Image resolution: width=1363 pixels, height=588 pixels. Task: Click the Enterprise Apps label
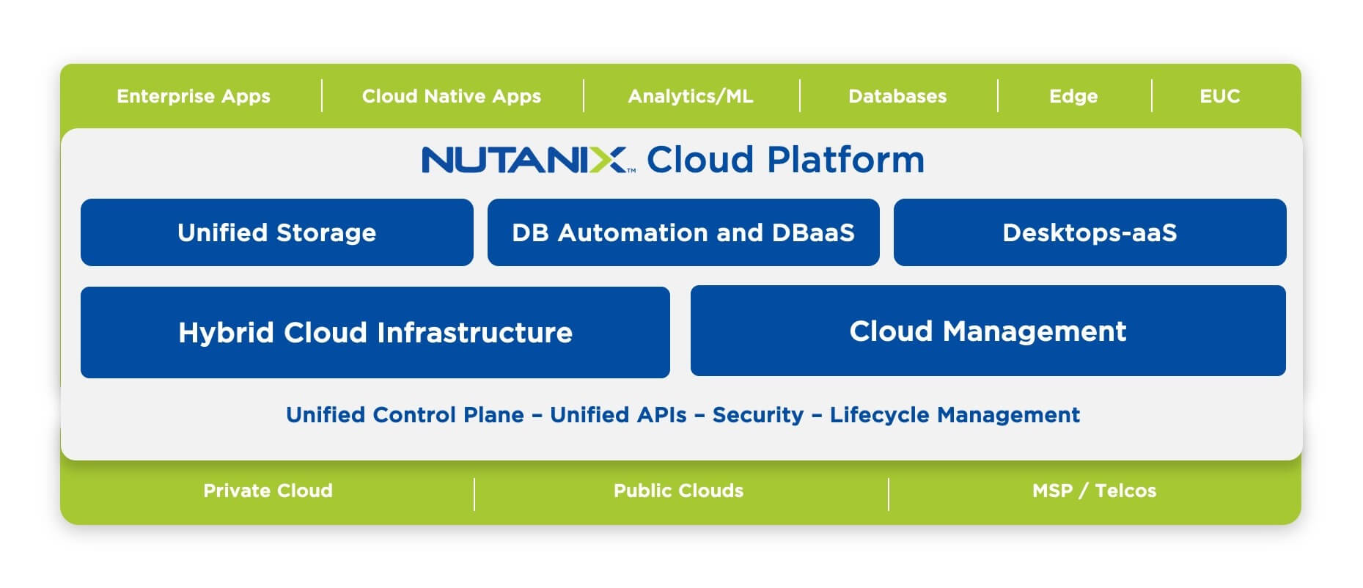pos(194,96)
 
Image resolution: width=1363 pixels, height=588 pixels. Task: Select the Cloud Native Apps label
pos(452,96)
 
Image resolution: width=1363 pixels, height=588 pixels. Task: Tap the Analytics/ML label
pos(691,96)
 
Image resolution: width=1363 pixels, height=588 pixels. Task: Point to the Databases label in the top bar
pos(897,96)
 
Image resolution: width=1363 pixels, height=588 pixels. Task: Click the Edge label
pos(1073,96)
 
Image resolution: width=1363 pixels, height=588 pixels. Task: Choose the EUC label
pos(1220,96)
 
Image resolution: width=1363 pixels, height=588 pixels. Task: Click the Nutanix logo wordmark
pos(525,160)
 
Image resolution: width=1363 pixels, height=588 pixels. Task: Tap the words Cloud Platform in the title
pos(785,160)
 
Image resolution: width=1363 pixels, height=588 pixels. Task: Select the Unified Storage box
pos(277,232)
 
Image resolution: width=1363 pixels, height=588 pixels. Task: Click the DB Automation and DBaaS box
pos(683,232)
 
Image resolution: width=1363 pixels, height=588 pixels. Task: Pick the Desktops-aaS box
pos(1090,232)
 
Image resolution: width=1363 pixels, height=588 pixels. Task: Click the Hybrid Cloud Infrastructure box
pos(375,333)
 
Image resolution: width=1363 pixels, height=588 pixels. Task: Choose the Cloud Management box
pos(988,331)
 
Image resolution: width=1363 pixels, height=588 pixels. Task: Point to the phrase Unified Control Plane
pos(405,415)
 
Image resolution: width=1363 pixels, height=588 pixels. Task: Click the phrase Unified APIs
pos(618,415)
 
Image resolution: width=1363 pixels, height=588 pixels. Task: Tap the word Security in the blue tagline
pos(758,415)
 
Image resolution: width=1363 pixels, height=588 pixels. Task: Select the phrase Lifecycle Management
pos(955,415)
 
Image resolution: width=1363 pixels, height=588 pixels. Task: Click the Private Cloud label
pos(268,490)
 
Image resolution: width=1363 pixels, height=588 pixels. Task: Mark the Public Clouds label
pos(679,490)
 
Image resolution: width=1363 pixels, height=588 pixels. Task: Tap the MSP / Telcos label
pos(1094,490)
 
